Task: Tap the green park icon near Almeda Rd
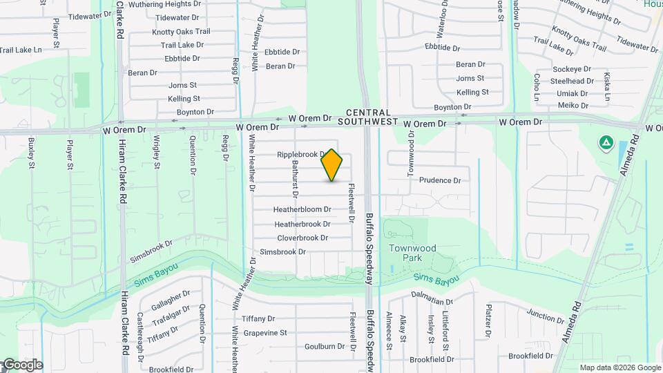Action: pyautogui.click(x=606, y=143)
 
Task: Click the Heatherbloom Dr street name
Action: pyautogui.click(x=302, y=209)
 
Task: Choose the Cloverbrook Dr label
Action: pyautogui.click(x=302, y=238)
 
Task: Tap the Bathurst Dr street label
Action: pyautogui.click(x=295, y=175)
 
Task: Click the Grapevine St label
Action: pyautogui.click(x=264, y=333)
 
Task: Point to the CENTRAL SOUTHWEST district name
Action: pyautogui.click(x=368, y=117)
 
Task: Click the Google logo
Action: pyautogui.click(x=22, y=365)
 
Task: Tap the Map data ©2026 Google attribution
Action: pyautogui.click(x=620, y=368)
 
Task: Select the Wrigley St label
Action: pyautogui.click(x=157, y=153)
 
